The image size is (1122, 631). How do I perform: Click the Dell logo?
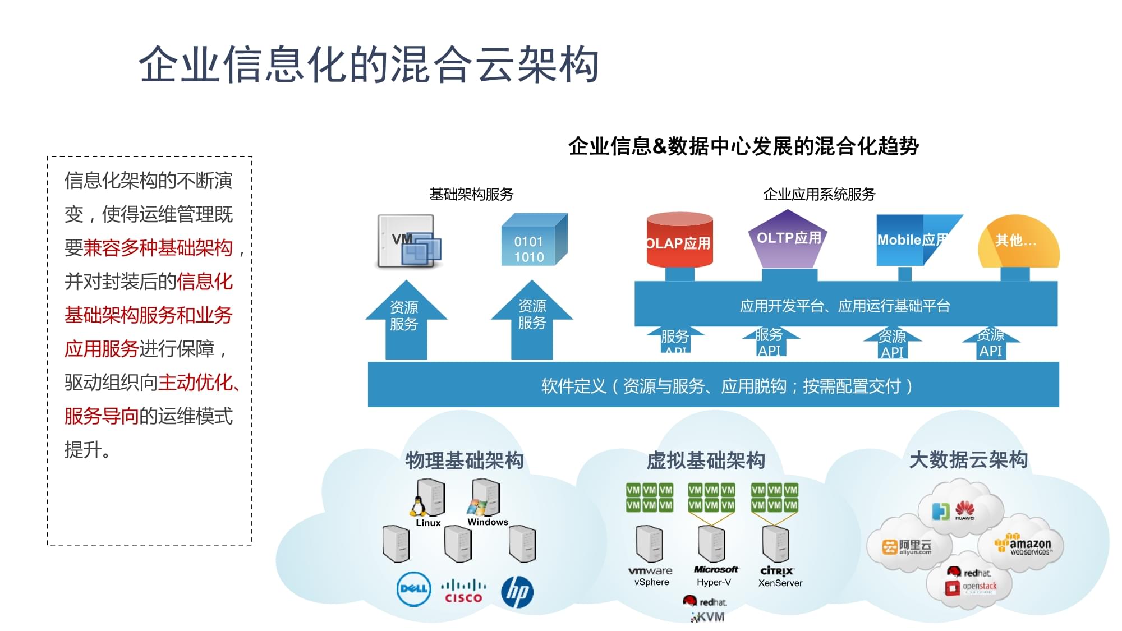(x=413, y=589)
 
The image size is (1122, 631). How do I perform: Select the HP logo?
(x=517, y=592)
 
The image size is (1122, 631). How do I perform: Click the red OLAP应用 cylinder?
(x=679, y=241)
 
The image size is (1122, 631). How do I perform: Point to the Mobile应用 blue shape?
(x=912, y=240)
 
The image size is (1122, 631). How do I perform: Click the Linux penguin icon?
(x=417, y=506)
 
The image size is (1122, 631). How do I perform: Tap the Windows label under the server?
(x=488, y=522)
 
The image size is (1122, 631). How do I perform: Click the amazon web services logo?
(x=1024, y=546)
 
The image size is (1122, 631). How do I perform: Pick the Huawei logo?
(x=964, y=510)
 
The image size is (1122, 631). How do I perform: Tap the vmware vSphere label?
(x=651, y=576)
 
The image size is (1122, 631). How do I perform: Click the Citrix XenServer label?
(x=779, y=577)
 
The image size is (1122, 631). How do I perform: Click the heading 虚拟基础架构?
(x=706, y=460)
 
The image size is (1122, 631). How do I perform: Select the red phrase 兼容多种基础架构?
(x=158, y=248)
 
